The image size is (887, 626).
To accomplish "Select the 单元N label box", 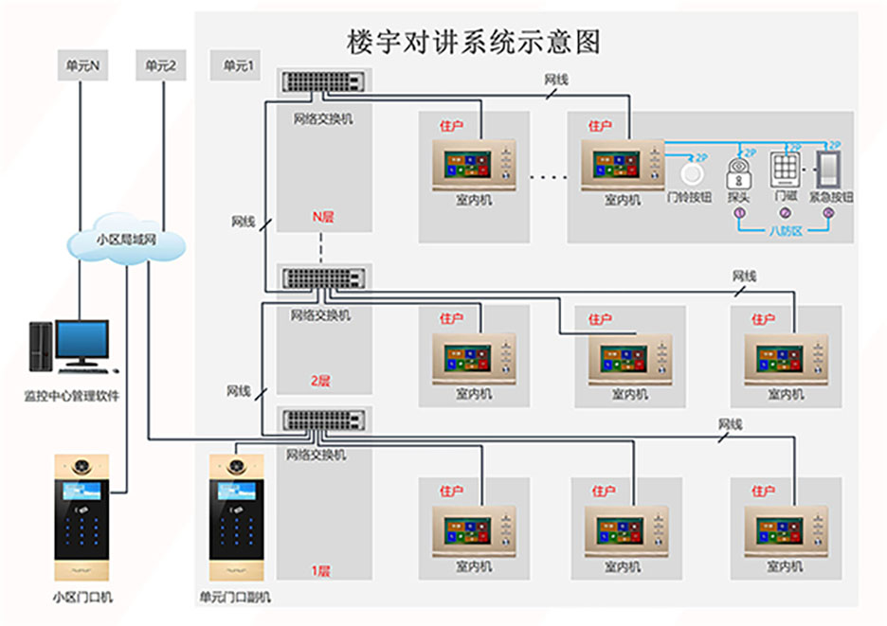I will [x=83, y=66].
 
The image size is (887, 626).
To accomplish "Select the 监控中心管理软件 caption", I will [x=71, y=395].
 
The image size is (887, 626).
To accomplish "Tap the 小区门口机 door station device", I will [x=81, y=519].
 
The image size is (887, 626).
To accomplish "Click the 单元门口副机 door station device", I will [x=236, y=519].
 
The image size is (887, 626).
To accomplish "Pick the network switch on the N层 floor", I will [x=325, y=81].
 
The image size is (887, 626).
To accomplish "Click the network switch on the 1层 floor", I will [x=325, y=420].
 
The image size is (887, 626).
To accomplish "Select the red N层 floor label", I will [x=324, y=217].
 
